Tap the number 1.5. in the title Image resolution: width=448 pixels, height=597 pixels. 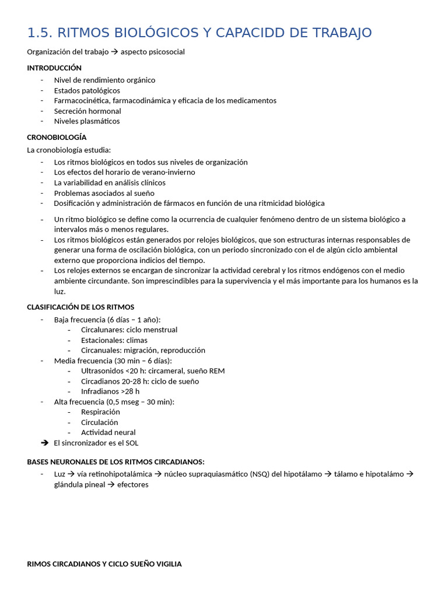40,33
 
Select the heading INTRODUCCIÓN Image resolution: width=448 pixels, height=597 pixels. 54,68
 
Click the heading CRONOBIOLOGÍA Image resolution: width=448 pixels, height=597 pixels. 57,137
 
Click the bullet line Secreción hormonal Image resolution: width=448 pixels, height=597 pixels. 87,111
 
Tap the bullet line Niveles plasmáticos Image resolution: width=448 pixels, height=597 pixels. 87,121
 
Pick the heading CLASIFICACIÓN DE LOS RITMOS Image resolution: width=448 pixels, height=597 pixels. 80,307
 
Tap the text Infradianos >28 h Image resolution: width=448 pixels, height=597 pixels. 110,391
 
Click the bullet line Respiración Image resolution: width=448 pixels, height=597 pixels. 100,412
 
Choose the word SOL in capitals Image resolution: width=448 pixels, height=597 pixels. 132,443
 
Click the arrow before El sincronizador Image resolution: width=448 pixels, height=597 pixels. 44,443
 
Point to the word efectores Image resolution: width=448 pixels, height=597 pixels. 133,484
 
